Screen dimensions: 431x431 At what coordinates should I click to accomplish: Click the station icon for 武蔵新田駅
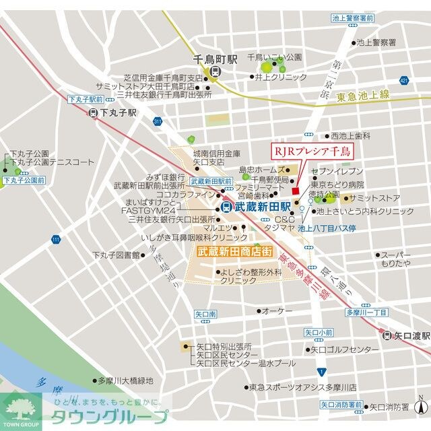coord(226,207)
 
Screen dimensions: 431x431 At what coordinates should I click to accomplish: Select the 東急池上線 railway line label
coord(363,96)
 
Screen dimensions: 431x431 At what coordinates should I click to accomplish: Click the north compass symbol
coord(420,406)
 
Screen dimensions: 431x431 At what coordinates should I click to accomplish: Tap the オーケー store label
coord(277,310)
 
